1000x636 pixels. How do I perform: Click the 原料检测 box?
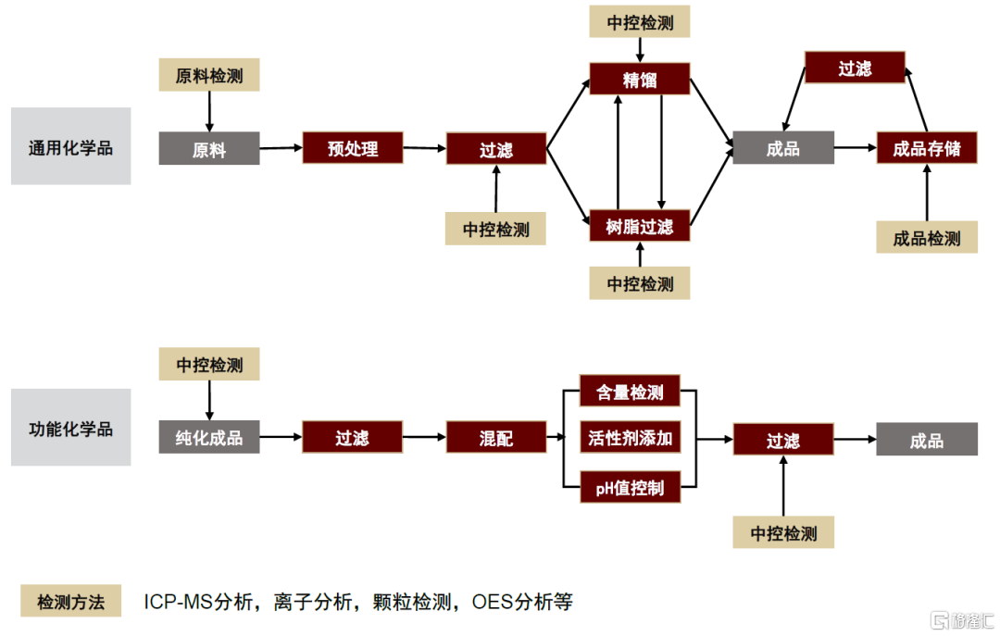tap(209, 75)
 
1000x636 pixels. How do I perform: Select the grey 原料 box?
tap(209, 149)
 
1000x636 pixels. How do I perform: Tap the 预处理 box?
tap(353, 148)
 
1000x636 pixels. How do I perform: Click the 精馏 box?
tap(640, 79)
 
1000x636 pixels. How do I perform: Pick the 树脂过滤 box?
tap(640, 226)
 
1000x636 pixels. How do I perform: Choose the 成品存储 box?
tap(927, 148)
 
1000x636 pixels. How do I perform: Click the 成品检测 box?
tap(927, 237)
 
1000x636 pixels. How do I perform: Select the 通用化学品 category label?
tap(70, 146)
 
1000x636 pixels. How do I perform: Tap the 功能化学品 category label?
tap(70, 428)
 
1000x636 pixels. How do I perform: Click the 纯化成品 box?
tap(209, 437)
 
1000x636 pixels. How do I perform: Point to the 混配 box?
tap(496, 437)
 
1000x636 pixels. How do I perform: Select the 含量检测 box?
tap(631, 391)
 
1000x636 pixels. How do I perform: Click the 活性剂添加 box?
tap(631, 437)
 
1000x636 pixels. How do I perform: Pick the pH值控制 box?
tap(631, 487)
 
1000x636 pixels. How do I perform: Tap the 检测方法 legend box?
tap(70, 601)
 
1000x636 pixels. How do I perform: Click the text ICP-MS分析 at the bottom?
tap(198, 602)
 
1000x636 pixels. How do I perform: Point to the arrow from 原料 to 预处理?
tap(281, 148)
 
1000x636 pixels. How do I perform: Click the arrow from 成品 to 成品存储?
tap(856, 148)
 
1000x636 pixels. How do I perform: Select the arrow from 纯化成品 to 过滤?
tap(281, 437)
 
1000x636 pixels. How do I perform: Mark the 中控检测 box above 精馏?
tap(640, 21)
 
